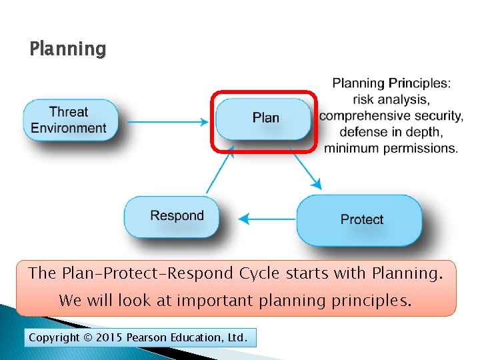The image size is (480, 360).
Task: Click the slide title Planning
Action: coord(67,49)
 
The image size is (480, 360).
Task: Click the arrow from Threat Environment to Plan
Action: coord(167,122)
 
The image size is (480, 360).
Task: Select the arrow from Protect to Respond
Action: coord(267,219)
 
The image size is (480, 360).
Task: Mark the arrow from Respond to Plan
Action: coord(220,170)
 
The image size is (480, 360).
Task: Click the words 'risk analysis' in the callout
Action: coord(391,100)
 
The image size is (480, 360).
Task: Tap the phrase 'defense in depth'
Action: coord(391,132)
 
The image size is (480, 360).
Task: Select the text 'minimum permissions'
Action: coord(391,148)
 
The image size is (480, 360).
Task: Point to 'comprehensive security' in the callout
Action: coord(391,116)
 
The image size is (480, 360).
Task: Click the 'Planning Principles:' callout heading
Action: coord(391,84)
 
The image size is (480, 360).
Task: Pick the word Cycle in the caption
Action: coord(257,273)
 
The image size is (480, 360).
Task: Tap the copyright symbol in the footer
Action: coord(89,338)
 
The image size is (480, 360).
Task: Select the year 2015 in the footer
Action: coord(109,338)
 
